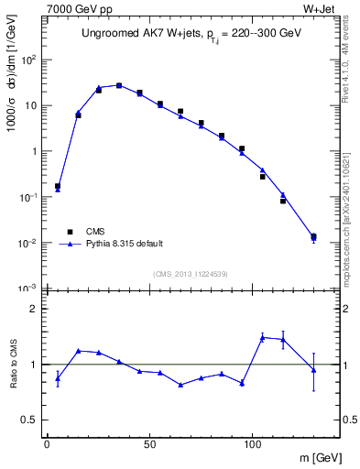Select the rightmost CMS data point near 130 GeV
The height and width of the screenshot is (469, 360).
click(x=313, y=237)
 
